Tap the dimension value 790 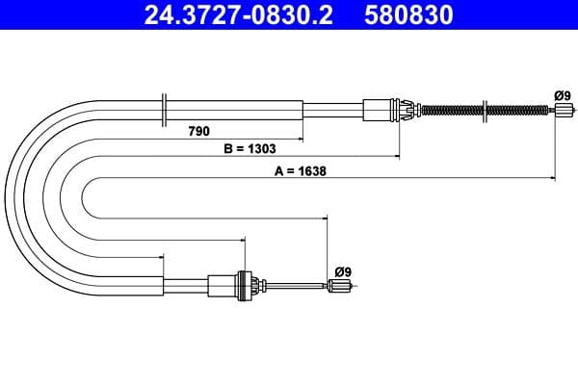[199, 129]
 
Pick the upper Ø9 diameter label [562, 94]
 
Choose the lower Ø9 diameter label [342, 270]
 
